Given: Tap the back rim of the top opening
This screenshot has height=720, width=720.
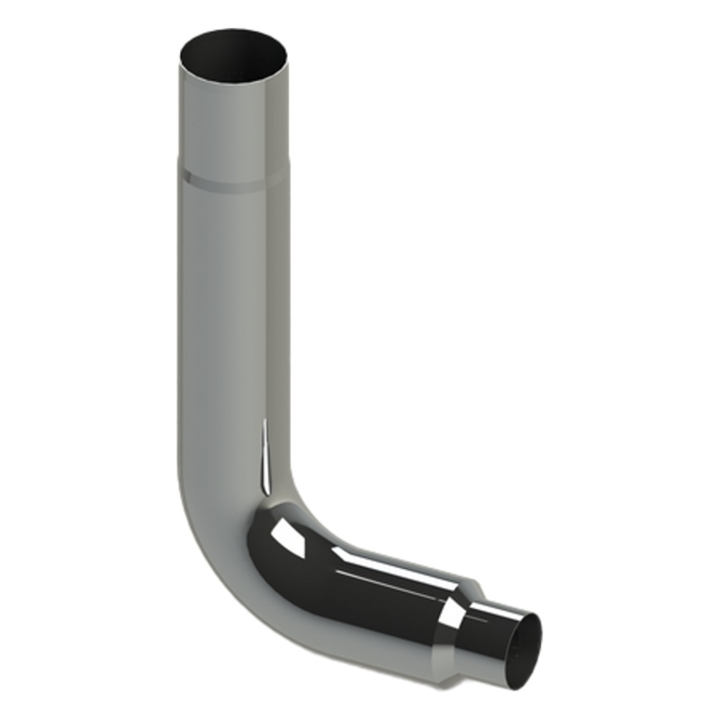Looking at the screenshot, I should pos(233,31).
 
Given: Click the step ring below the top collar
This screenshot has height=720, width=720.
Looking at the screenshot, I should pos(233,178).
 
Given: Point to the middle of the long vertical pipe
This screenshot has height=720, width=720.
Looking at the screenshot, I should pos(229,315).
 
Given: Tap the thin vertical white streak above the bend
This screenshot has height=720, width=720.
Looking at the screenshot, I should pos(265,459).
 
